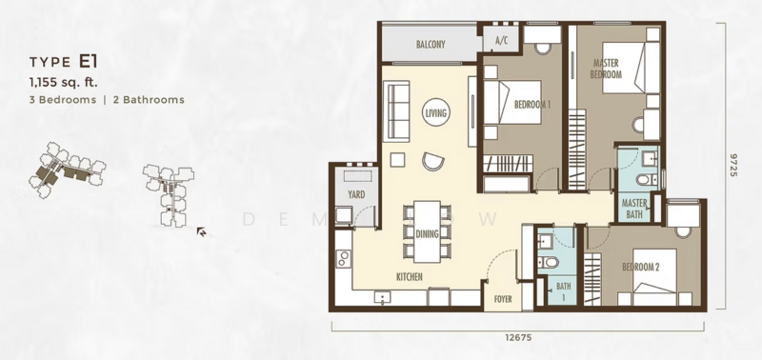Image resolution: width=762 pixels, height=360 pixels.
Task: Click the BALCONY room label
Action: pos(431,45)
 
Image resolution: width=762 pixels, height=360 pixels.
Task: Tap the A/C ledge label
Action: pos(500,41)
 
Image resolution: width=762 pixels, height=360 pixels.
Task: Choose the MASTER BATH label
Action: pos(634,209)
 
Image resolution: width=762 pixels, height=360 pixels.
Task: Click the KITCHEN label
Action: pos(410,277)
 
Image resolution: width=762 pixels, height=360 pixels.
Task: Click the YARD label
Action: pos(356,195)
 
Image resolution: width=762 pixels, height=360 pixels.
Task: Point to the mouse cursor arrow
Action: pos(201,230)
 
